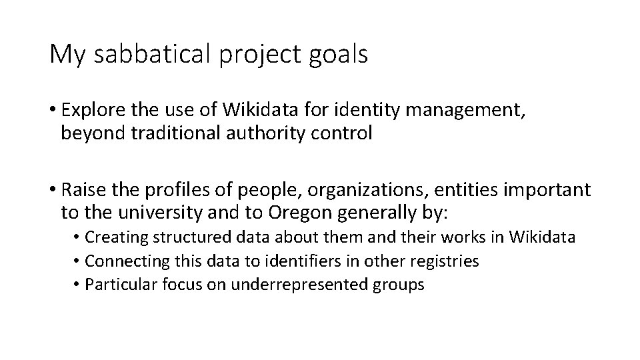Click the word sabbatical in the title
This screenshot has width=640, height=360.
tap(149, 55)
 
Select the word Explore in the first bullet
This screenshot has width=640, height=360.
tap(93, 109)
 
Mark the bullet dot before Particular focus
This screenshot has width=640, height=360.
tap(78, 285)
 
